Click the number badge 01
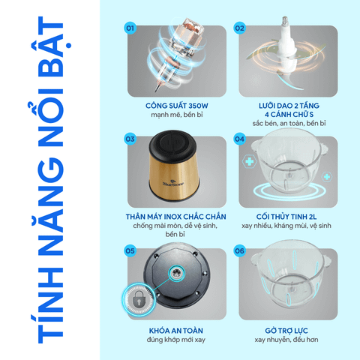130,28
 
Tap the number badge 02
239,28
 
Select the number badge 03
130,139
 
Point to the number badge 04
239,139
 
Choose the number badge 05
130,250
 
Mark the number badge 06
239,250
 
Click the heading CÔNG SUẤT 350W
177,106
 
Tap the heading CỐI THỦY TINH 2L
286,217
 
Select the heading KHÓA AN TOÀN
176,331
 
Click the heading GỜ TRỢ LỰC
286,331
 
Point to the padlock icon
138,299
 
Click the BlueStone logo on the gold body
173,184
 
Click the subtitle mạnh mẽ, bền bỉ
177,115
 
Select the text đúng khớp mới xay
176,340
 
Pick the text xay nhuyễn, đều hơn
286,340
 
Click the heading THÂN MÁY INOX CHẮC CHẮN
176,217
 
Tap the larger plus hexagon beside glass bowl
250,161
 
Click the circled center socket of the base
177,273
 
